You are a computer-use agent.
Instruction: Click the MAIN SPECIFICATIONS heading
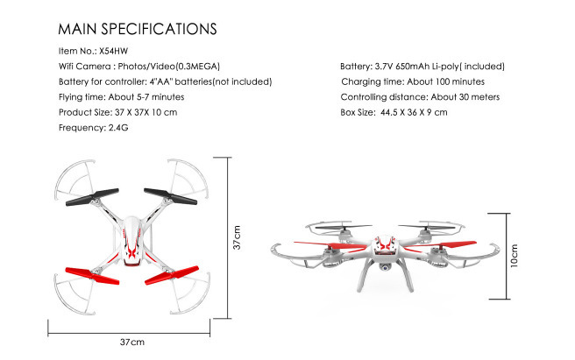[x=138, y=29]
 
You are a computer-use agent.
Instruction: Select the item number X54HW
[x=113, y=51]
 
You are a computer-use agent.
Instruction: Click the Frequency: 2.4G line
[x=94, y=128]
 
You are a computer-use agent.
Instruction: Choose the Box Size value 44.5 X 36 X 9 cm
[x=414, y=112]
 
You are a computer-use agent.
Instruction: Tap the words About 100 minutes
[x=445, y=81]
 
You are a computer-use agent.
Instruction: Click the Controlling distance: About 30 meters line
[x=420, y=96]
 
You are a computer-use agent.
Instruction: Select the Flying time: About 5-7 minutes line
[x=121, y=96]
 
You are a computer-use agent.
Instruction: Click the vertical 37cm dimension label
[x=237, y=237]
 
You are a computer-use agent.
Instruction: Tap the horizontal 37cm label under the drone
[x=132, y=342]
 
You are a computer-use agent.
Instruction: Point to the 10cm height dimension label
[x=515, y=256]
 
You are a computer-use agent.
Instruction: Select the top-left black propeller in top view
[x=92, y=197]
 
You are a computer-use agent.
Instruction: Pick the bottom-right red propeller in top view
[x=172, y=275]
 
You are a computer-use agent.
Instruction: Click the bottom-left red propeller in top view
[x=92, y=276]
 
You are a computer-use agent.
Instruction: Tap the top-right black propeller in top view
[x=170, y=196]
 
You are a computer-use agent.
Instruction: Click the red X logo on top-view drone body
[x=131, y=251]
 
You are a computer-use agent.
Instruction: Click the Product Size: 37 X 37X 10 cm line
[x=117, y=112]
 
